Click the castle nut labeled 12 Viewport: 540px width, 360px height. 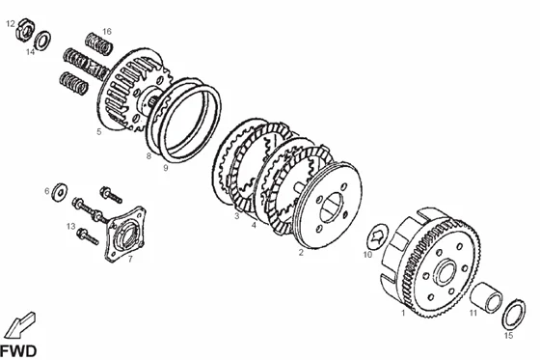(x=24, y=30)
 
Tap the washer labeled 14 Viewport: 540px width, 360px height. (x=42, y=41)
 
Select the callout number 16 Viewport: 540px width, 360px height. (x=107, y=32)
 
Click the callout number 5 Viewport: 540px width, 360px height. (x=99, y=131)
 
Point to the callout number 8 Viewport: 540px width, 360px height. (x=148, y=155)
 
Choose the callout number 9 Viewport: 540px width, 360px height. (x=166, y=168)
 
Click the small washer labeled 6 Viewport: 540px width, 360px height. (x=59, y=192)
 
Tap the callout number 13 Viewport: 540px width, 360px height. (x=71, y=227)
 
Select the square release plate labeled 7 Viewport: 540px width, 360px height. (x=125, y=234)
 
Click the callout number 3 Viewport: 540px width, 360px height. (x=237, y=216)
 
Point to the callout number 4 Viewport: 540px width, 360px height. (x=254, y=225)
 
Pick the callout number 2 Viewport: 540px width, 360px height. (x=301, y=253)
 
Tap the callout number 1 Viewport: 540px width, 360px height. (x=403, y=313)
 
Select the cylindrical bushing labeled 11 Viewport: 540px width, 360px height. (x=486, y=297)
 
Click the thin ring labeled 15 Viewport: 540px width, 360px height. (x=513, y=314)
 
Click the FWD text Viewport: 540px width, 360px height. (x=18, y=351)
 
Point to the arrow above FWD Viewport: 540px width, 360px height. (x=20, y=325)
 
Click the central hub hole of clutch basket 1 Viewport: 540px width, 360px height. (x=447, y=272)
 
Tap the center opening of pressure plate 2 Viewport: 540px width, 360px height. (x=332, y=208)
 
